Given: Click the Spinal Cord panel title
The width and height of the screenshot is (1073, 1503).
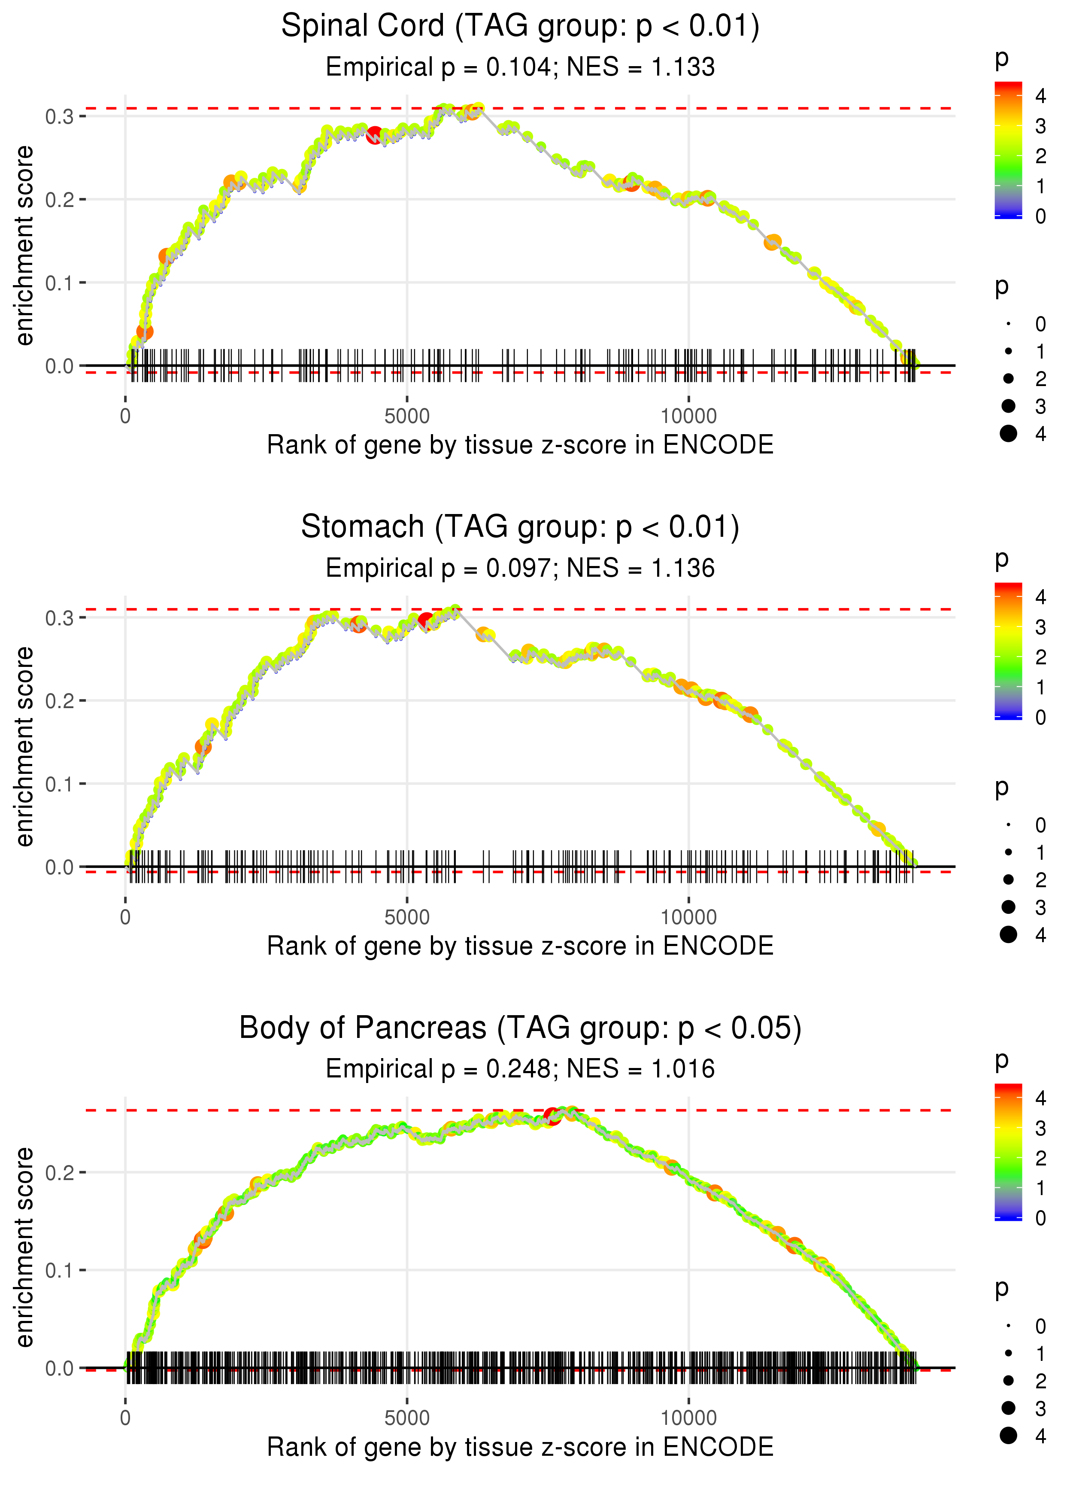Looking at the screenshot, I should click(x=520, y=27).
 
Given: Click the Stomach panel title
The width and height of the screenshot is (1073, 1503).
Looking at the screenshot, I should click(x=520, y=527).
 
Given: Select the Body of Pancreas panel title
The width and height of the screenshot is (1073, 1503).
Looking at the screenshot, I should click(x=520, y=1028).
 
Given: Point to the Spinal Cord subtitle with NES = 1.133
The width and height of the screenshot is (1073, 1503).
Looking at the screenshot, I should click(x=520, y=67).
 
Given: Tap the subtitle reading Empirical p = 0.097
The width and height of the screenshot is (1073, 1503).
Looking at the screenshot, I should click(x=520, y=569).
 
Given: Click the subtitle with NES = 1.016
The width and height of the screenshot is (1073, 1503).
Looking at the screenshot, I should click(x=520, y=1069).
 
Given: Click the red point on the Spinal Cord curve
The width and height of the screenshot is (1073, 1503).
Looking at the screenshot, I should click(x=375, y=136).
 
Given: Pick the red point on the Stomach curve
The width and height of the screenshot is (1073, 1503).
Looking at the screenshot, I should click(x=426, y=621).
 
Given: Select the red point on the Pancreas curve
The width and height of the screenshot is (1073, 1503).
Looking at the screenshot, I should click(x=552, y=1117).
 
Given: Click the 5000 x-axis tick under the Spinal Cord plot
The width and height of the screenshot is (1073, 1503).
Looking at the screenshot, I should click(x=406, y=417).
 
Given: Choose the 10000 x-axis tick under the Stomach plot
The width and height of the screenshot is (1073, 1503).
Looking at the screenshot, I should click(x=688, y=917).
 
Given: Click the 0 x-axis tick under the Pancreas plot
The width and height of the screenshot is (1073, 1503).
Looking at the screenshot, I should click(x=125, y=1418).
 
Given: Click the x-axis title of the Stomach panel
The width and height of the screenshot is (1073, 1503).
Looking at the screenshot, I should click(x=520, y=946).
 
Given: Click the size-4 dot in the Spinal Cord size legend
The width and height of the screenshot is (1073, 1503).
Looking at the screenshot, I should click(x=1008, y=434).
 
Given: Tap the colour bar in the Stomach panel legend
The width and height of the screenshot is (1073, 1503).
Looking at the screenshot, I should click(x=1008, y=651).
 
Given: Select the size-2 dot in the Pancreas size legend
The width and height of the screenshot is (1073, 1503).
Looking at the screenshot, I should click(x=1008, y=1381).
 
